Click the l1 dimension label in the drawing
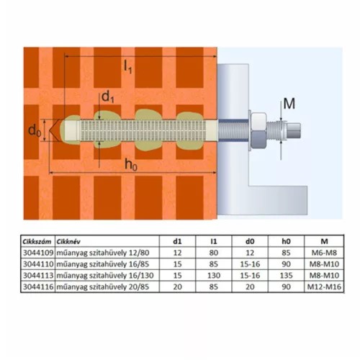tap(128, 66)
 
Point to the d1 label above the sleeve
tap(108, 97)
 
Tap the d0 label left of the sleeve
tap(35, 131)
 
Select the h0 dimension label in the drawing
tap(131, 165)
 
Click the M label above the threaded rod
tap(289, 104)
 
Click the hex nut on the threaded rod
tap(258, 130)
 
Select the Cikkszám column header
tap(37, 241)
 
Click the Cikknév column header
tap(68, 241)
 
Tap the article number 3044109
tap(38, 253)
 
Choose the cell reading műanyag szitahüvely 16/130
tap(105, 275)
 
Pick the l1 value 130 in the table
tap(214, 275)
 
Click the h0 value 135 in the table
tap(286, 275)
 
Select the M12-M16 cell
tap(324, 287)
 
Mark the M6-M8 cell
tap(324, 253)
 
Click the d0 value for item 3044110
tap(250, 264)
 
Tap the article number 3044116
tap(38, 287)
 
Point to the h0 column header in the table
tap(286, 241)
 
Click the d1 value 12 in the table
tap(177, 253)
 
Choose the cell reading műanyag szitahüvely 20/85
tap(103, 287)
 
